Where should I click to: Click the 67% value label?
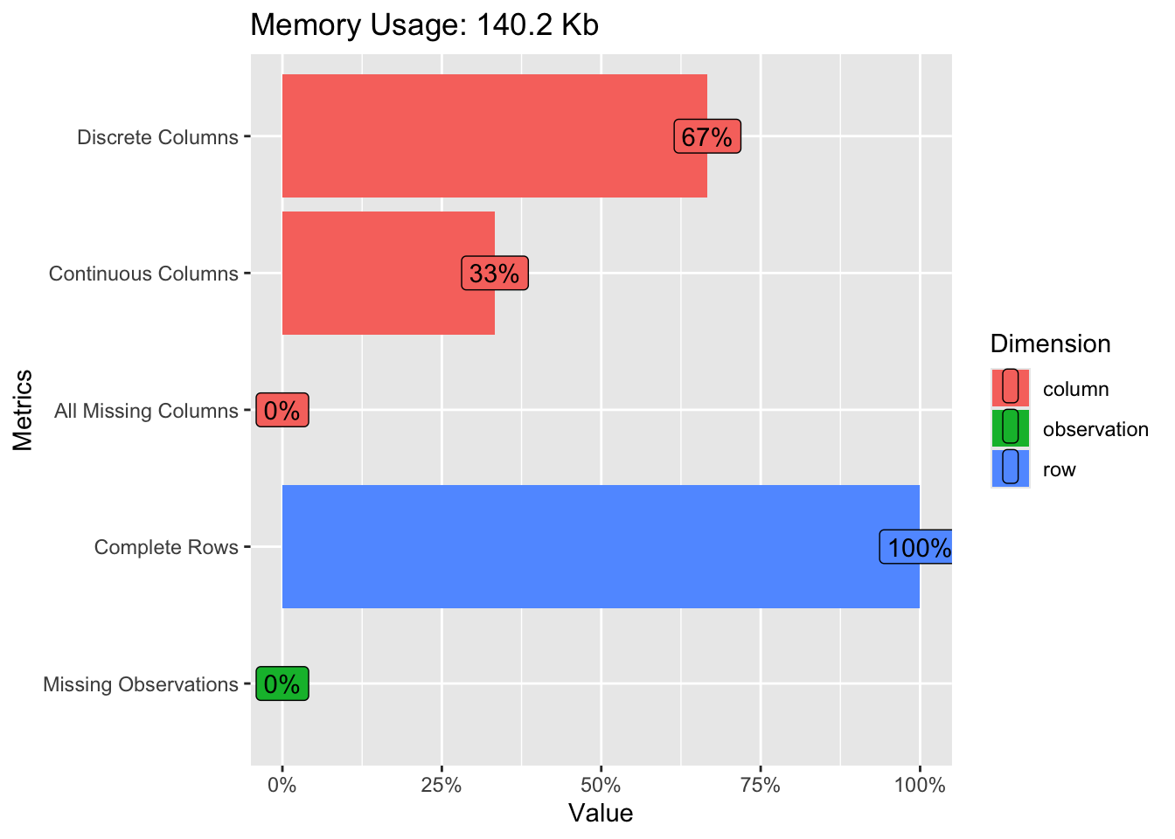[707, 137]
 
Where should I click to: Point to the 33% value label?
[495, 274]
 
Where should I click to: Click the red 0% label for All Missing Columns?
[282, 411]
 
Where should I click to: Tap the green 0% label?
[282, 683]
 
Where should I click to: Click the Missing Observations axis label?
[141, 684]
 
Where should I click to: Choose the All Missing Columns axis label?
[146, 411]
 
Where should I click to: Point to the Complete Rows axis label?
[166, 548]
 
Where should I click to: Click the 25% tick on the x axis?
[441, 785]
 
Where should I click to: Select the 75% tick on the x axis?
[761, 785]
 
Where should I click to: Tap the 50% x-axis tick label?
[601, 785]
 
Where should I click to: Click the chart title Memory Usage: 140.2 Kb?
[424, 25]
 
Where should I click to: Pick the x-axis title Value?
[601, 814]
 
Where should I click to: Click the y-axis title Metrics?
[23, 410]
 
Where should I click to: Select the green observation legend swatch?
[1011, 428]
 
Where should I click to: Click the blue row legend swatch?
[1011, 468]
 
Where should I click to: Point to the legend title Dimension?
[1050, 343]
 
